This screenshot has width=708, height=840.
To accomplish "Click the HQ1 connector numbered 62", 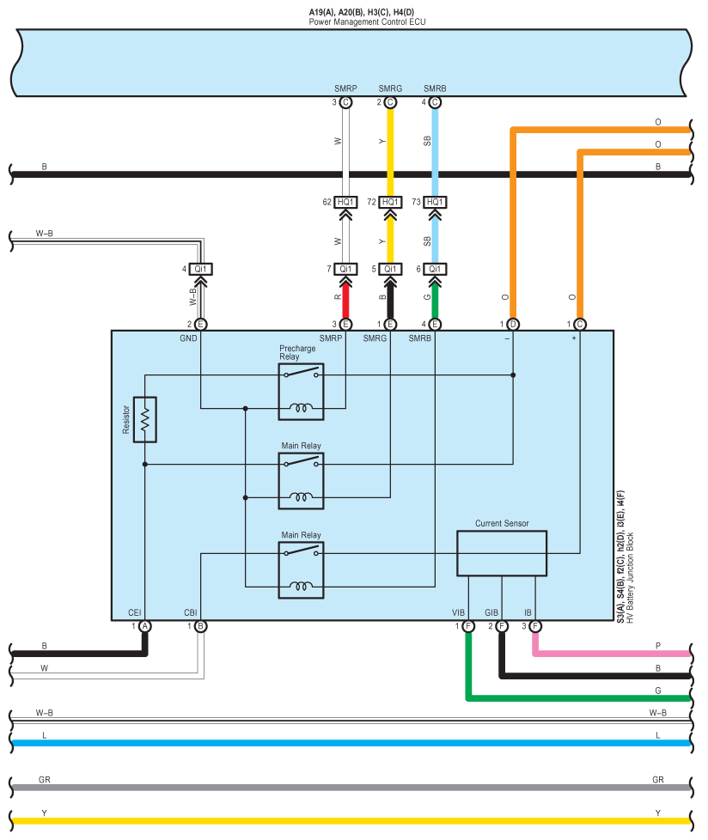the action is pos(345,202).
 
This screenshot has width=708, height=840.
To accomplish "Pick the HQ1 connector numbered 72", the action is pos(390,202).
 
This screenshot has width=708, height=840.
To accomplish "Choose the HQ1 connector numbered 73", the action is pos(435,202).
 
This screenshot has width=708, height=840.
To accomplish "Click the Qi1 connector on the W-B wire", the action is pos(200,269).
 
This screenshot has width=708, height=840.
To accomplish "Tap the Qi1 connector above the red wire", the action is pos(345,269).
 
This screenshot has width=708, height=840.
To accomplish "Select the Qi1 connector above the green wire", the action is pos(435,269).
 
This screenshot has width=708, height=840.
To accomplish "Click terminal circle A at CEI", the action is pos(144,626).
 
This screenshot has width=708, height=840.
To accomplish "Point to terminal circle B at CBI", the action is pos(200,626).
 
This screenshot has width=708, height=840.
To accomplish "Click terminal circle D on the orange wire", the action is pos(513,324).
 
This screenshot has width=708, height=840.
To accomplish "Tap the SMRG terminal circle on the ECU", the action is pos(390,102).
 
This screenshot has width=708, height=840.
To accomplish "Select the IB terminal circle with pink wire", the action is pos(535,626).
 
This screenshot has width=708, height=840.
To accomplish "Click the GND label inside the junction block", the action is pos(189,338).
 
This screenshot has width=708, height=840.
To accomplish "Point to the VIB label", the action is pos(458,612).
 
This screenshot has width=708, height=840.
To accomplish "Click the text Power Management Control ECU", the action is pos(367,22).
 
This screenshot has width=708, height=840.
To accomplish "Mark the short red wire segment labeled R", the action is pos(345,300).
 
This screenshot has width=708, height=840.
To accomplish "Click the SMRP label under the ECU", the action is pos(345,88).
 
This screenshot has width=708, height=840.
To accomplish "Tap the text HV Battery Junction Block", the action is pos(631,577).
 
